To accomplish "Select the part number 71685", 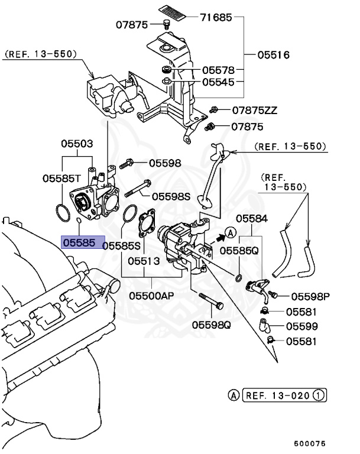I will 215,18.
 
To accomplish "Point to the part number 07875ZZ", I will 254,111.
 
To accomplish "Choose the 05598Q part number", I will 210,324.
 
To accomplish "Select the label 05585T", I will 61,177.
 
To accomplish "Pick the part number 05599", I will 301,326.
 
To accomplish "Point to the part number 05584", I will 252,219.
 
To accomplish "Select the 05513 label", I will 145,260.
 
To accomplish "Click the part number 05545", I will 218,82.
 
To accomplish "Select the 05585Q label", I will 239,251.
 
